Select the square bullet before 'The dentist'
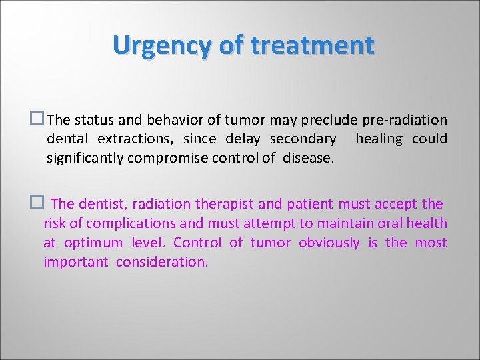click(39, 203)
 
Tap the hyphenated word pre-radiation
click(405, 120)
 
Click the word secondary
click(303, 139)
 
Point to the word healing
click(379, 139)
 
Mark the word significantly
click(86, 158)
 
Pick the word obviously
click(329, 243)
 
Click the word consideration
click(162, 262)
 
